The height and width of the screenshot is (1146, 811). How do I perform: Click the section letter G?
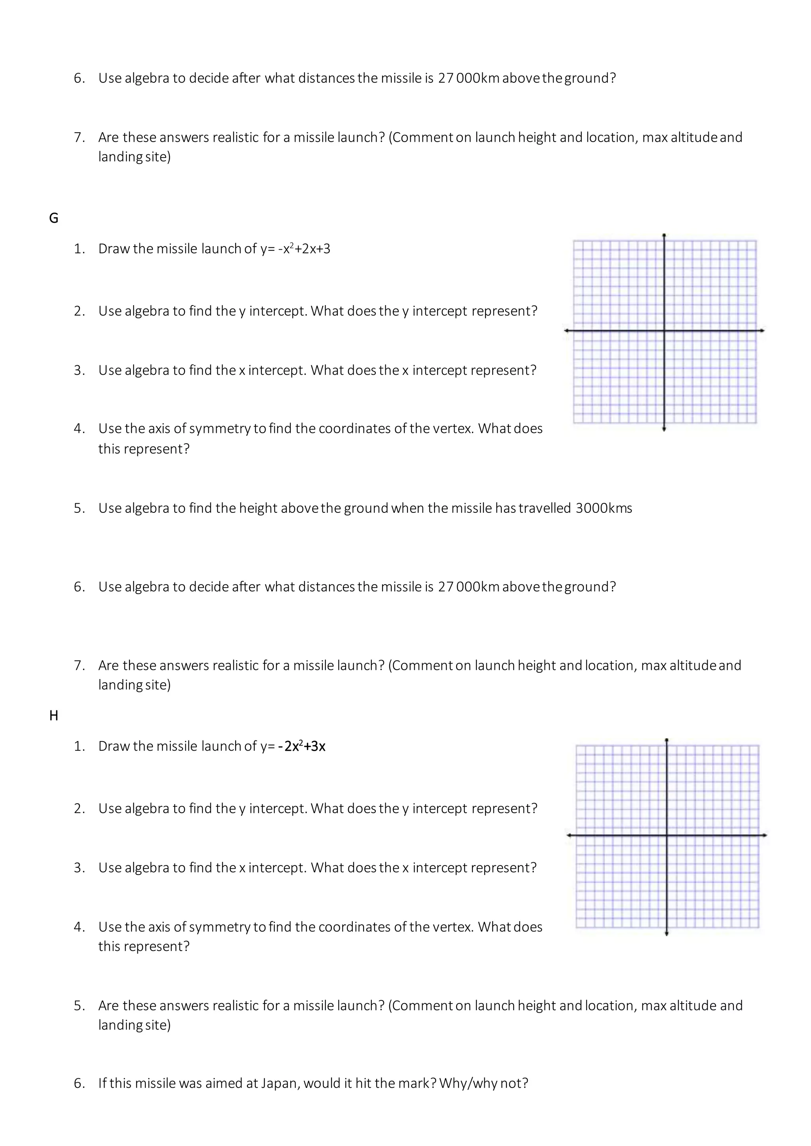point(53,218)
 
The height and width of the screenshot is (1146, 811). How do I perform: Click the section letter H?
point(53,716)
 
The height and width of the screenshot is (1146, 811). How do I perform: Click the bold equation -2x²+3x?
point(302,746)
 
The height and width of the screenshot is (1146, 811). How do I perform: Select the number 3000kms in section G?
point(604,508)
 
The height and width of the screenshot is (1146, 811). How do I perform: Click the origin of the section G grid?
point(664,330)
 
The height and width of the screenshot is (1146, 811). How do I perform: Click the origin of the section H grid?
point(667,835)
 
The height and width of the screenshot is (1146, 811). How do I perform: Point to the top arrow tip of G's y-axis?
point(664,235)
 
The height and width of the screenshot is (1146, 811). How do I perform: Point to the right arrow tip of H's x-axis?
point(765,835)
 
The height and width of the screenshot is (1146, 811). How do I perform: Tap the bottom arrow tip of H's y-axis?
point(667,934)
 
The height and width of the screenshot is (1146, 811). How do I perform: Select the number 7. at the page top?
point(80,137)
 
